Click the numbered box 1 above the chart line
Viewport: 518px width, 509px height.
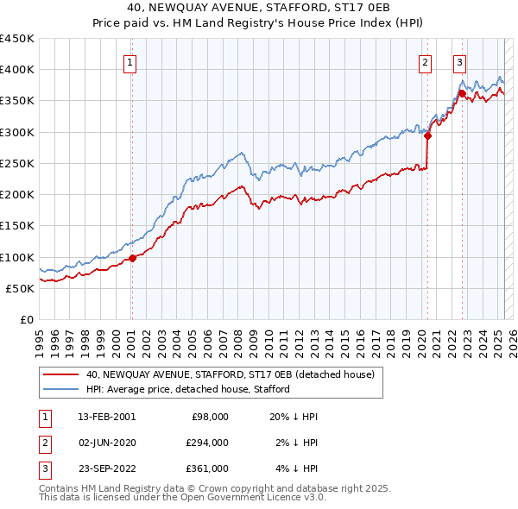tap(129, 61)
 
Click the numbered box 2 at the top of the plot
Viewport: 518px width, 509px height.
tap(426, 61)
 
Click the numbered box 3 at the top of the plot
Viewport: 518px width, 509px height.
tap(460, 61)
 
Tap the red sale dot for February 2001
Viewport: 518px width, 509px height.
tap(132, 258)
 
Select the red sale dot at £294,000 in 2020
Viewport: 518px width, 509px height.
tap(428, 135)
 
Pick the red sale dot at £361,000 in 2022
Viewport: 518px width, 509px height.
tap(462, 93)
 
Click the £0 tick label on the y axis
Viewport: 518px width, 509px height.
tap(26, 320)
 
